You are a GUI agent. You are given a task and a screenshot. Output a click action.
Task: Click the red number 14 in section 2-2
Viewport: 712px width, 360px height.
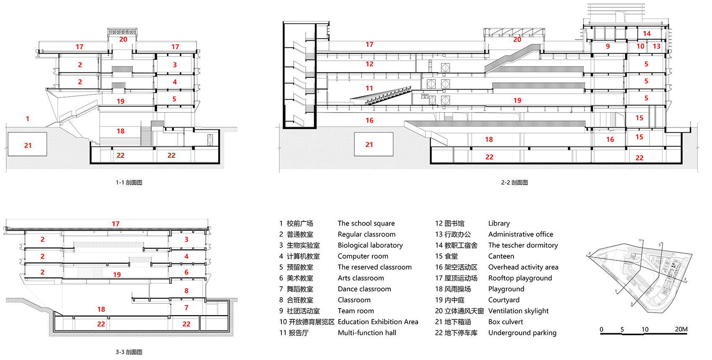click(647, 33)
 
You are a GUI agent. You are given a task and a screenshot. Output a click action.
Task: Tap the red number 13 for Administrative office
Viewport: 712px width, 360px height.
click(656, 46)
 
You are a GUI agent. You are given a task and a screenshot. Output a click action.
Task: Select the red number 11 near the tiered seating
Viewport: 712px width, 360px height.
click(369, 88)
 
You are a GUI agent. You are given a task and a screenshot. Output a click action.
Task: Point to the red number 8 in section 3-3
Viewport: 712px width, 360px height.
click(186, 291)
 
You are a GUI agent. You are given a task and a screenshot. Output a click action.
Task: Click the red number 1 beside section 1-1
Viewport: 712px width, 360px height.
click(28, 119)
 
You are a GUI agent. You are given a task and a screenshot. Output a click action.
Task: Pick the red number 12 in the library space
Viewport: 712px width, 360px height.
click(369, 64)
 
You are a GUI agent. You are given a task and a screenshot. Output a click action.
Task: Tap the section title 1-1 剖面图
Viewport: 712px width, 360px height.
click(129, 183)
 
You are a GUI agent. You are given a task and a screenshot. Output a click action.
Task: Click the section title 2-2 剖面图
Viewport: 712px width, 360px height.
click(514, 183)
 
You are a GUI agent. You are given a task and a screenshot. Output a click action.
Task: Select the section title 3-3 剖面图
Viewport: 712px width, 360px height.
click(129, 352)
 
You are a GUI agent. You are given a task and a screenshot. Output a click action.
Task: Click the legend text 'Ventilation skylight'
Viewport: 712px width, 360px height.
click(518, 311)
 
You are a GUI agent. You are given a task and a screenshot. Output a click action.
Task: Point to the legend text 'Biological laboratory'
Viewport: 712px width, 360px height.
click(370, 245)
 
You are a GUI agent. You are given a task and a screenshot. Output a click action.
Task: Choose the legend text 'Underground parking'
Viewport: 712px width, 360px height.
click(522, 333)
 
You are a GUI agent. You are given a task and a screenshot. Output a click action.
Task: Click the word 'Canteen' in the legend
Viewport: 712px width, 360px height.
click(501, 256)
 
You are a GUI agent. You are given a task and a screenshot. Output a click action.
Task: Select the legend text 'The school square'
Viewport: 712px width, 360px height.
click(366, 224)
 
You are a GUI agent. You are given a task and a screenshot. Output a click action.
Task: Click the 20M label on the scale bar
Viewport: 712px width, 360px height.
click(681, 329)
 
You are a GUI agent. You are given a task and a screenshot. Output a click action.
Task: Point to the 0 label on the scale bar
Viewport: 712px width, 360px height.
click(601, 329)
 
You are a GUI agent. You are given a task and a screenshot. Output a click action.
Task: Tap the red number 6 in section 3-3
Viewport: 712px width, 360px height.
click(186, 272)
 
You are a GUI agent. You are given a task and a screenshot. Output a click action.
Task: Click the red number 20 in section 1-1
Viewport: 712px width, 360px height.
click(123, 39)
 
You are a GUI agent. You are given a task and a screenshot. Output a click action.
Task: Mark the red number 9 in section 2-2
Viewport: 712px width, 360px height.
click(608, 46)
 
